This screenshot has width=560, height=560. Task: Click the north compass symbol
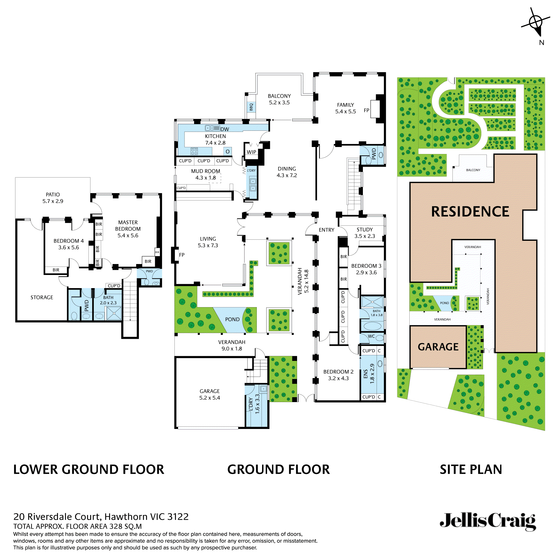(x=536, y=23)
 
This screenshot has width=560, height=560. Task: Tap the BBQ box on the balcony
(x=251, y=107)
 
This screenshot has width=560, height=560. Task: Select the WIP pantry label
(x=251, y=152)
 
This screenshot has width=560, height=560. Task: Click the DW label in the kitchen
(x=225, y=129)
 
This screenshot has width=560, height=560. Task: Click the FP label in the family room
(x=366, y=110)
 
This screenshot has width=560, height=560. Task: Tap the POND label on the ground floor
(x=232, y=319)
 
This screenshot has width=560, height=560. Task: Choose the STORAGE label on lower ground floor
(x=42, y=297)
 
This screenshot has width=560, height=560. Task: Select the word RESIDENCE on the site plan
(x=470, y=212)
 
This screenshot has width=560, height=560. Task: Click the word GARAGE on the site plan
(x=438, y=347)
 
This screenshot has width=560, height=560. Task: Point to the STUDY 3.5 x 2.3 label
(x=364, y=233)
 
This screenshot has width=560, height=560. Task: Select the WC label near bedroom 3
(x=371, y=336)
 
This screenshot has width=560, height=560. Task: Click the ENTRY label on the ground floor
(x=326, y=230)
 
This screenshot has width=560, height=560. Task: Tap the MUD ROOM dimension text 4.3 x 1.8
(x=205, y=178)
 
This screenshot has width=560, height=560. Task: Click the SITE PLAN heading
(x=471, y=470)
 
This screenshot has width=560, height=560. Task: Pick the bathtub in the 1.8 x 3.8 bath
(x=372, y=326)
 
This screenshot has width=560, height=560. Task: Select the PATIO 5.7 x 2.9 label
(x=53, y=198)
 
